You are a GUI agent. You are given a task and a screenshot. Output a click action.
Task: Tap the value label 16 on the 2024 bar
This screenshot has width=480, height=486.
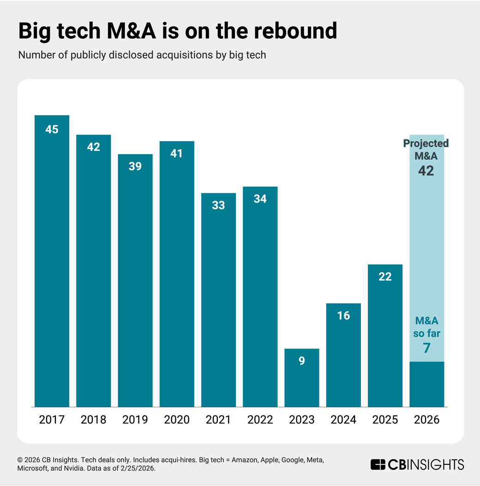(343, 316)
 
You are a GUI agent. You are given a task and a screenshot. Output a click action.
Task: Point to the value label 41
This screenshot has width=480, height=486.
(177, 153)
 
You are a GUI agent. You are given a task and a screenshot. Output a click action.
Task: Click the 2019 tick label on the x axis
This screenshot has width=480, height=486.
(135, 420)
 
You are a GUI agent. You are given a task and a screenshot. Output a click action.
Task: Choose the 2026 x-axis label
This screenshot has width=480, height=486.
(426, 420)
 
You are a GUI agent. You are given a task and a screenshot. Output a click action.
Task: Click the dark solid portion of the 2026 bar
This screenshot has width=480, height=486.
(426, 384)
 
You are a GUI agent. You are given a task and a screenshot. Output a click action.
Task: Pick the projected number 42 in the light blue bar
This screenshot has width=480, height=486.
(426, 171)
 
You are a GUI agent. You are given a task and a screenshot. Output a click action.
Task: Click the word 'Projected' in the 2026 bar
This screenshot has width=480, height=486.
(426, 144)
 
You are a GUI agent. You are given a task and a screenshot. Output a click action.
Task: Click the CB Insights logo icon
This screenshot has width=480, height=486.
(378, 464)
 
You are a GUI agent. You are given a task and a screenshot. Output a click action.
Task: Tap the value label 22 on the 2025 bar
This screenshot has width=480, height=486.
(385, 277)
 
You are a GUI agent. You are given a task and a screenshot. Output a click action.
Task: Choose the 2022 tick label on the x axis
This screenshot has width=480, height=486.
(260, 420)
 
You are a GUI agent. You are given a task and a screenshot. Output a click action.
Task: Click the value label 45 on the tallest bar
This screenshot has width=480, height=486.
(52, 130)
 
